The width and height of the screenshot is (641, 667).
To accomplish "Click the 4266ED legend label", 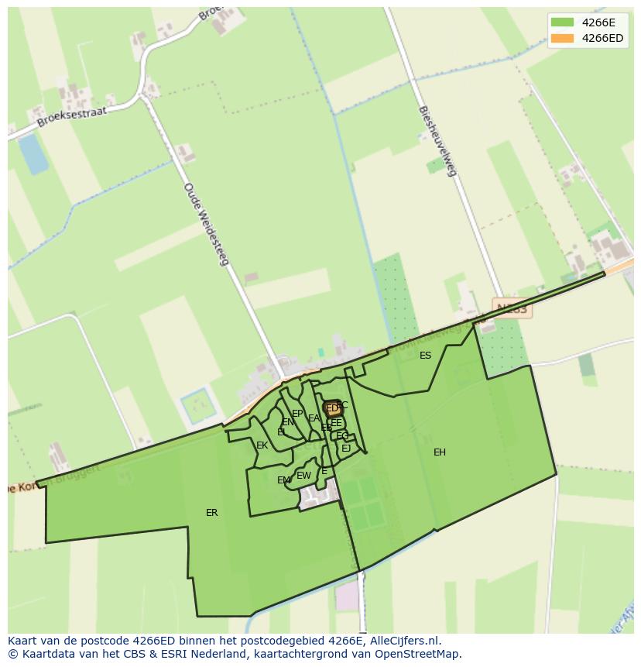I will [602, 38].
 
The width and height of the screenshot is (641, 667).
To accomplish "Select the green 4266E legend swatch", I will [563, 22].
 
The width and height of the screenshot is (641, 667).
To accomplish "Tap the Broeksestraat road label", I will [70, 116].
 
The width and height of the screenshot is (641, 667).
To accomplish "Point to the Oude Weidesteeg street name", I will [206, 224].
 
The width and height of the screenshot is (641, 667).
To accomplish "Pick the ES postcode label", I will [425, 356].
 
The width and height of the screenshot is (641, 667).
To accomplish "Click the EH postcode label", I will [440, 452].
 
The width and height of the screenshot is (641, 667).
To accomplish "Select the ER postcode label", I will [211, 513].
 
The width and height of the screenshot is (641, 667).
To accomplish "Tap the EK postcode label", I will [262, 445].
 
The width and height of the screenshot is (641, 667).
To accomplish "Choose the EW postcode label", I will [303, 476].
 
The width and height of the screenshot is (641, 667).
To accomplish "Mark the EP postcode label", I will [297, 414].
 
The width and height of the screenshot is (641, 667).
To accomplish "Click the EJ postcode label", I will [346, 449].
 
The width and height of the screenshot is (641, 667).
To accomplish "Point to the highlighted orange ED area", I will [332, 408].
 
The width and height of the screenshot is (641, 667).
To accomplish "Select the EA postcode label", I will [314, 418].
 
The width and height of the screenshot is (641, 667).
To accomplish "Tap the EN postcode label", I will [288, 422].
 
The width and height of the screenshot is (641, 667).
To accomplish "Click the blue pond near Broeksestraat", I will [33, 153].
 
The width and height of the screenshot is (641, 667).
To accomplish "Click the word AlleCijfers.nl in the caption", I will [402, 641].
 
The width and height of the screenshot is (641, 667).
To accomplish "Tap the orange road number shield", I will [511, 308].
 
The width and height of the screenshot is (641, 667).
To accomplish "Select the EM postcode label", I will [284, 480].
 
